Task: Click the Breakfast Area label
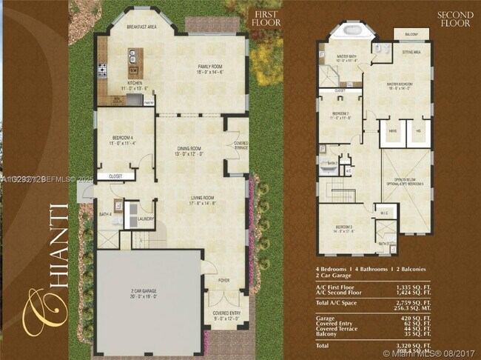coord(141,27)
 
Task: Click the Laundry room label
coord(145,219)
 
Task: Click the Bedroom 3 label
coord(343,227)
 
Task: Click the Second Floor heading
coord(454,19)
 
